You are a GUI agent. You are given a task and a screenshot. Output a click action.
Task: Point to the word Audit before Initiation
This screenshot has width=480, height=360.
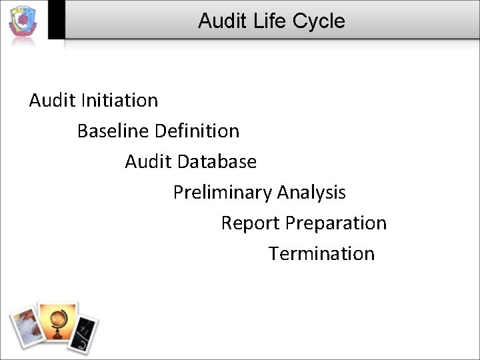tap(52, 100)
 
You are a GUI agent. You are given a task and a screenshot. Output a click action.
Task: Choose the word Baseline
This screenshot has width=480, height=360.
tap(113, 131)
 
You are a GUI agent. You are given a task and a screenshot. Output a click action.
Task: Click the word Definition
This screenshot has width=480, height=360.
tap(197, 131)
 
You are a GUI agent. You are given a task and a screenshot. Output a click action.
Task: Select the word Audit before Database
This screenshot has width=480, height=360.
tap(148, 161)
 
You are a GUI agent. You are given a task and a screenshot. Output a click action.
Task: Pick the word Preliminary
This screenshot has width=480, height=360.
tap(223, 193)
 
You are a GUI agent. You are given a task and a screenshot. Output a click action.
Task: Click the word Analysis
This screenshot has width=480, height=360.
tap(311, 193)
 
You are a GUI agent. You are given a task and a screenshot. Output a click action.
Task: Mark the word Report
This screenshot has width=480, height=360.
tap(251, 223)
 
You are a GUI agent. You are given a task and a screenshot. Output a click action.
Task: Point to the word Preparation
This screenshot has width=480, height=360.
tap(336, 223)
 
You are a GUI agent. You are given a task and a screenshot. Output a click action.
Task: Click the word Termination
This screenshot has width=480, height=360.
tap(321, 253)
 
